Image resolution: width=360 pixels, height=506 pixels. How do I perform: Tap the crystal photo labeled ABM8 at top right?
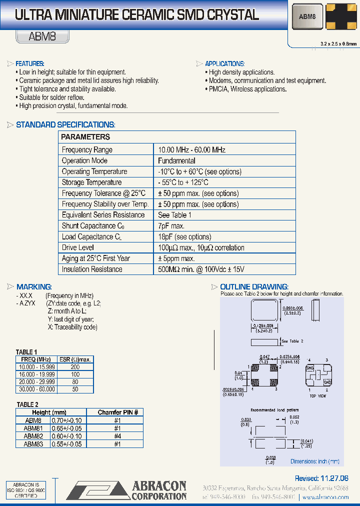(x=307, y=16)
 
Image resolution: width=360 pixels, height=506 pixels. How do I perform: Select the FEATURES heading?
(x=30, y=64)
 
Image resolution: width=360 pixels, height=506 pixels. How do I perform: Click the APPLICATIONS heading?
(x=224, y=64)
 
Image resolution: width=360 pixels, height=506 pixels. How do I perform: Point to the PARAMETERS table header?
(x=85, y=137)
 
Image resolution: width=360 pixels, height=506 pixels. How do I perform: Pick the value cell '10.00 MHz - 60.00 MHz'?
(x=191, y=149)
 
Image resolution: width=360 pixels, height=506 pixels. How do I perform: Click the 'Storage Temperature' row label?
(x=91, y=182)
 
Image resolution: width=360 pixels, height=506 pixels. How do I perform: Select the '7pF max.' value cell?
(x=171, y=226)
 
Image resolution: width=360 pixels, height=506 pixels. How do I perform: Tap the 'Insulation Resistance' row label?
(x=92, y=269)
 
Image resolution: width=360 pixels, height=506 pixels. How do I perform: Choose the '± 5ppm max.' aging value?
(x=176, y=258)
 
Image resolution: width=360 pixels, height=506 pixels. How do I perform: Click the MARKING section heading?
(x=34, y=287)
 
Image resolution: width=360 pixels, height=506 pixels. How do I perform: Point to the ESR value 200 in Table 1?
(x=75, y=367)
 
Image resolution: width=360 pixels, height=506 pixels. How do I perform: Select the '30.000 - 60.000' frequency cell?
(x=36, y=389)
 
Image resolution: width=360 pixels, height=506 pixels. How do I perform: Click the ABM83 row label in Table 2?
(x=33, y=443)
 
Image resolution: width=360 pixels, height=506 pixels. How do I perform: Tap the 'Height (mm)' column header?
(x=49, y=412)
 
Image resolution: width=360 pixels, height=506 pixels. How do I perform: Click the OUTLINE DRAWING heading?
(x=254, y=287)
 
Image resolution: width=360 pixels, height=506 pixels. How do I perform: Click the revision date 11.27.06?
(x=328, y=478)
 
